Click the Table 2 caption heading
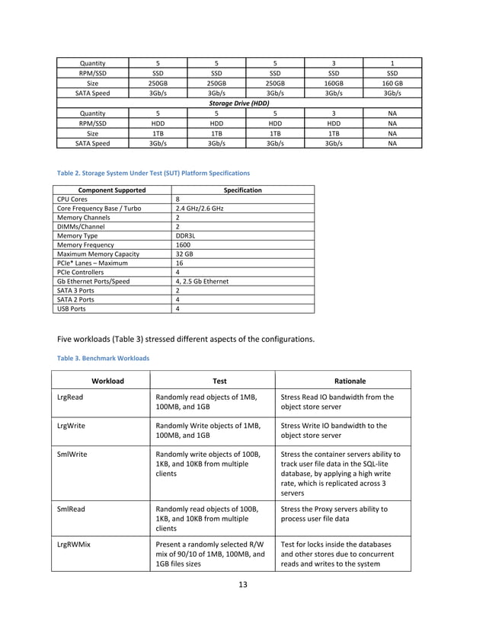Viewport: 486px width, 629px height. pos(151,174)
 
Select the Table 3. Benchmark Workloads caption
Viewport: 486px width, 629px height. pos(101,357)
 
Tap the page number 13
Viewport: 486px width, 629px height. pos(242,584)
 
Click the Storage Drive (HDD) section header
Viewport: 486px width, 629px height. pos(239,103)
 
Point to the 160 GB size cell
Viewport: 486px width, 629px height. pos(392,83)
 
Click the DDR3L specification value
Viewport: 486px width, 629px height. pos(186,236)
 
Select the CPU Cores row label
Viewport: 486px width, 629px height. pos(72,200)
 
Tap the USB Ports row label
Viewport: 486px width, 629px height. pos(72,309)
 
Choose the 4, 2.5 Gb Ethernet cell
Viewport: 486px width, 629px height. pos(202,282)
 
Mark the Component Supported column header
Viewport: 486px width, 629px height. pos(102,190)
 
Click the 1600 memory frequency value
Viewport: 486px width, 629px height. pos(183,245)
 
